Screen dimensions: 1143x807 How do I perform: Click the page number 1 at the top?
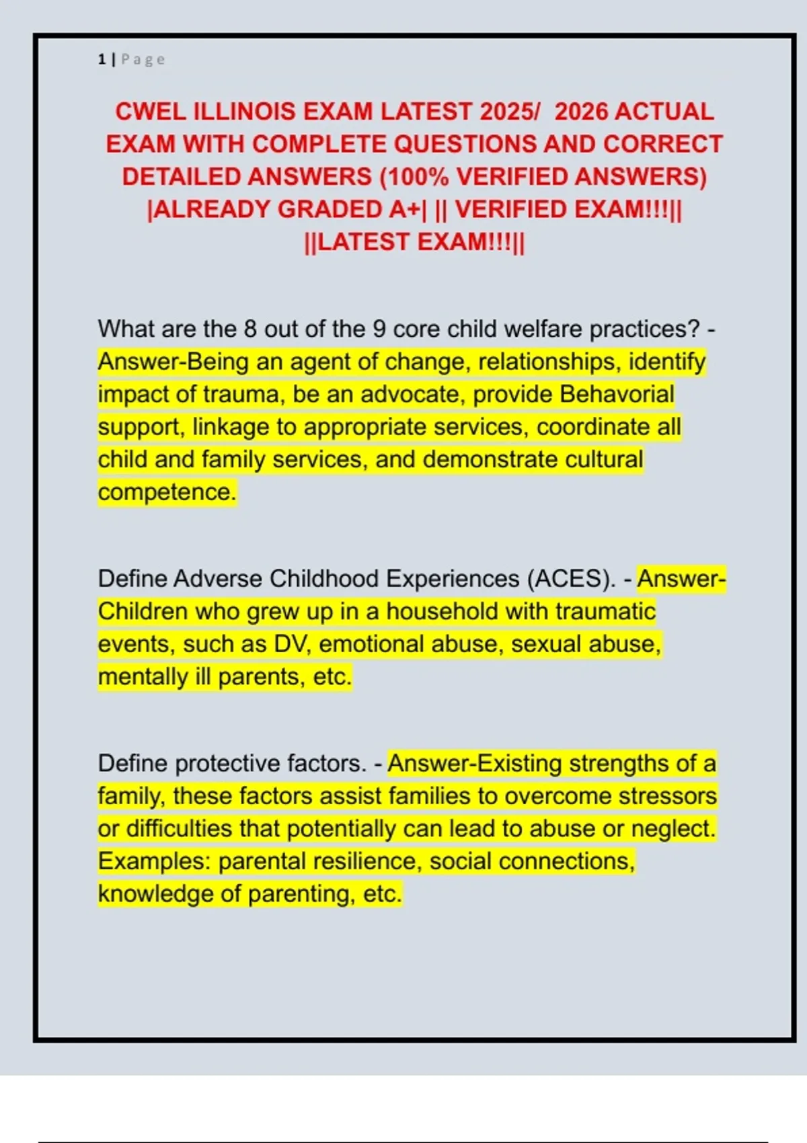pos(102,60)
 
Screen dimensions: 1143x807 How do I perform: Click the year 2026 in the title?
pos(581,112)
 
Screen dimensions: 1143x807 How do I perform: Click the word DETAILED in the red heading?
pos(181,177)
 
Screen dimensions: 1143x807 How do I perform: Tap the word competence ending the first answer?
pos(167,492)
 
